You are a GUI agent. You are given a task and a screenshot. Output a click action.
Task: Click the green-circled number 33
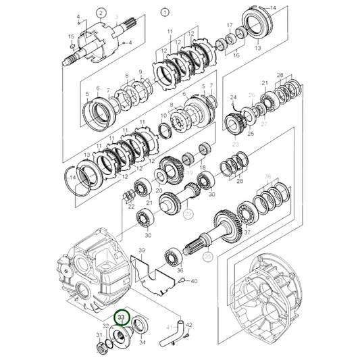pyautogui.click(x=121, y=317)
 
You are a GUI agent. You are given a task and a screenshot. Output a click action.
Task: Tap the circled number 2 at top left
pyautogui.click(x=101, y=13)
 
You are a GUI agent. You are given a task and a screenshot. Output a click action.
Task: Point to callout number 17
pyautogui.click(x=230, y=26)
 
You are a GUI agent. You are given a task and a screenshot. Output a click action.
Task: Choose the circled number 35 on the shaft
pyautogui.click(x=207, y=257)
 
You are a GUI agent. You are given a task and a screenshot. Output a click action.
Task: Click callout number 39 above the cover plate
pyautogui.click(x=141, y=250)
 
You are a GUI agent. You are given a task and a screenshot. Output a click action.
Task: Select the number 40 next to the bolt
pyautogui.click(x=194, y=280)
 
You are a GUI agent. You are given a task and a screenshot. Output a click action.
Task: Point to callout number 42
pyautogui.click(x=189, y=325)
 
